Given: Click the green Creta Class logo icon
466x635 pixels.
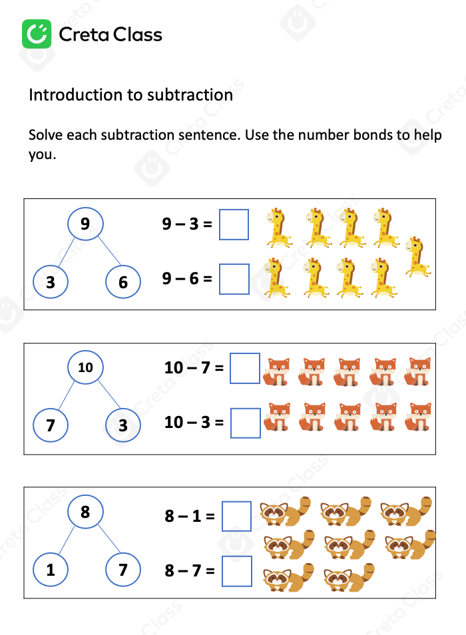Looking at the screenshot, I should (37, 34).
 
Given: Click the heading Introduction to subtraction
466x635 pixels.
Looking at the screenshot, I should (130, 95).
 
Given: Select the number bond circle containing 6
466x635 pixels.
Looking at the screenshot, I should (123, 282).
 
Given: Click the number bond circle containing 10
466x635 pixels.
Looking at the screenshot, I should (86, 367).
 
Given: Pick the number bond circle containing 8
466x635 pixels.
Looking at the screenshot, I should (85, 513).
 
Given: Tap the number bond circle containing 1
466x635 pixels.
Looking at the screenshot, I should (51, 570).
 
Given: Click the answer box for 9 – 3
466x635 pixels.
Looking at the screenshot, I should (234, 224).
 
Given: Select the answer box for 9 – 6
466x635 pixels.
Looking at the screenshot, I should (234, 279).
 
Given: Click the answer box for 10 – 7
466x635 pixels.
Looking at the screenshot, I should (245, 368).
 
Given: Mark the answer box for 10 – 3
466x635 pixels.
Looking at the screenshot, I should (245, 422).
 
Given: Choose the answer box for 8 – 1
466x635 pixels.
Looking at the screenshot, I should (236, 516).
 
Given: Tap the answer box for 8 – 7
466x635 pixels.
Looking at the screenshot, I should (237, 571).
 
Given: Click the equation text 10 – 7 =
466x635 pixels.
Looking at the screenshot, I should (194, 367).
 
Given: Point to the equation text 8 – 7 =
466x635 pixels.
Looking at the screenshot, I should (190, 570).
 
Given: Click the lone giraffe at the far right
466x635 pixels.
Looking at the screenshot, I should (417, 256).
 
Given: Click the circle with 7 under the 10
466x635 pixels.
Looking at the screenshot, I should (51, 425).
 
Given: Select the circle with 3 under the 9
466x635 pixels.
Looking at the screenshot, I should (51, 282).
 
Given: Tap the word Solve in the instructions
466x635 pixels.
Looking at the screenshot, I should (46, 135).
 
